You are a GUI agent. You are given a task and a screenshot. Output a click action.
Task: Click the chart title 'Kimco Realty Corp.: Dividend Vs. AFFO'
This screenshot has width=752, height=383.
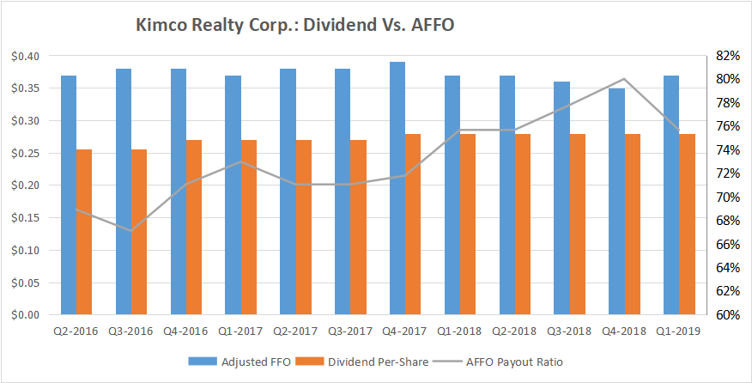(294, 26)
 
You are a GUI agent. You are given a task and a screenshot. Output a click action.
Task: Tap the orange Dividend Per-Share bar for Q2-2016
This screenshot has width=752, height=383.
(85, 232)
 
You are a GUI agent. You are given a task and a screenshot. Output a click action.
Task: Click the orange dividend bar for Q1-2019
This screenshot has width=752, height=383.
(688, 224)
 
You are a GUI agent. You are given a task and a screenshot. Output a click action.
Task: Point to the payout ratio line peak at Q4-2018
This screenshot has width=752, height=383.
(625, 79)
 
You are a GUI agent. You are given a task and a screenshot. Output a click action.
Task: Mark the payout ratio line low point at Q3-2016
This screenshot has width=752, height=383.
(131, 230)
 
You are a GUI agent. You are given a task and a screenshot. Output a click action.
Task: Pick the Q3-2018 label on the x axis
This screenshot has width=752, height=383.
(570, 331)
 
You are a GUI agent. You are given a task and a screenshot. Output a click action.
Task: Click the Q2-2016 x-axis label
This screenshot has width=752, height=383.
(76, 331)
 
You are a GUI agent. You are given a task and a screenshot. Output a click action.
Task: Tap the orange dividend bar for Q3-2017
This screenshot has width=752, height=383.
(358, 228)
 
